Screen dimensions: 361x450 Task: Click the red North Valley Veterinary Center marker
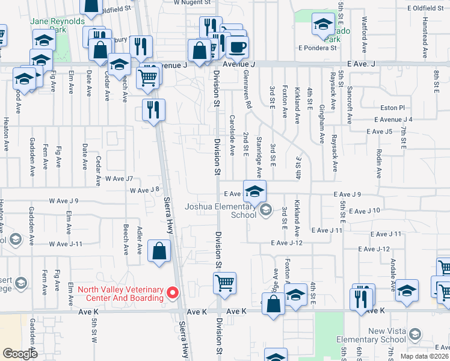(173, 293)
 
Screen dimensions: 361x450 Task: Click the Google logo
(20, 354)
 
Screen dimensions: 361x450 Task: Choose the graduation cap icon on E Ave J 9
(254, 191)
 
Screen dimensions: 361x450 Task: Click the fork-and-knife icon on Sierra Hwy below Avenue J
(153, 110)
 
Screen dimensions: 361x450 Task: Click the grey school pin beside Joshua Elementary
(265, 210)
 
